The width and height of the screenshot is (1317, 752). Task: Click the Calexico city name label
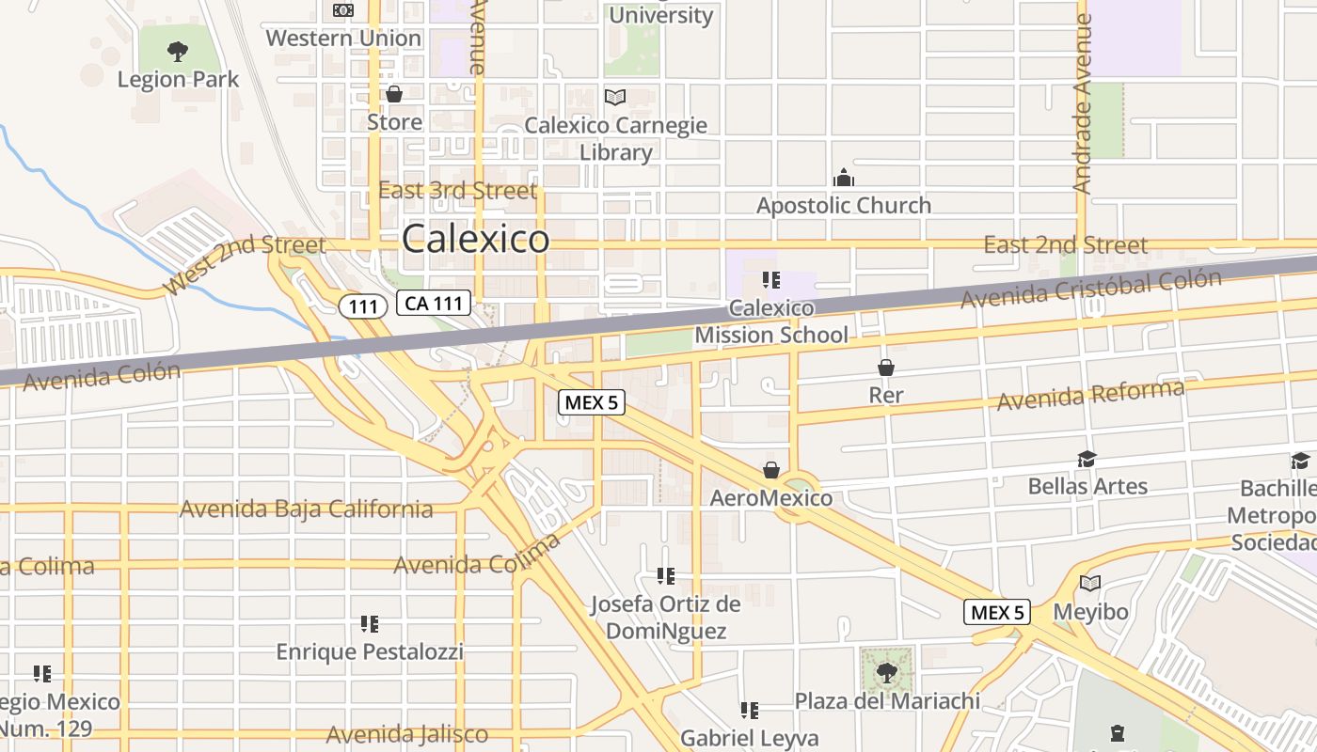pyautogui.click(x=475, y=239)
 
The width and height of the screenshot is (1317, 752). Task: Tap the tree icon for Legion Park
pyautogui.click(x=178, y=52)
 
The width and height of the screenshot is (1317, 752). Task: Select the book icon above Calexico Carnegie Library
pyautogui.click(x=615, y=97)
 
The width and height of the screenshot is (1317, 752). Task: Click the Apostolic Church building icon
pyautogui.click(x=844, y=178)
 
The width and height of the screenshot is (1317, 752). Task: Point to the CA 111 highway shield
pyautogui.click(x=433, y=303)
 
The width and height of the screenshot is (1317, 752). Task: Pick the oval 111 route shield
pyautogui.click(x=363, y=305)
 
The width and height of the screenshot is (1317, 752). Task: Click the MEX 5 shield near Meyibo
pyautogui.click(x=997, y=613)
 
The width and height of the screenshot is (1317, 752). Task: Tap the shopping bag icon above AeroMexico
pyautogui.click(x=771, y=469)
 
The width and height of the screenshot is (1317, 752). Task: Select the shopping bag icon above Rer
pyautogui.click(x=885, y=367)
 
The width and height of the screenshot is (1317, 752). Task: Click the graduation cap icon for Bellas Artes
pyautogui.click(x=1087, y=458)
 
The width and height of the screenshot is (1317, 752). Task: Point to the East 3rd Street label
pyautogui.click(x=457, y=191)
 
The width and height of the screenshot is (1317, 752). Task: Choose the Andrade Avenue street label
pyautogui.click(x=1082, y=103)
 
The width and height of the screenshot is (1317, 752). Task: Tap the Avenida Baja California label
pyautogui.click(x=306, y=509)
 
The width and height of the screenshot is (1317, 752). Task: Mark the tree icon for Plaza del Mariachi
pyautogui.click(x=886, y=672)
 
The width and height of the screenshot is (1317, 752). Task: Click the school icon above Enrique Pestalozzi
pyautogui.click(x=369, y=623)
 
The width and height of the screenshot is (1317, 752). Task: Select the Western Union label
pyautogui.click(x=343, y=39)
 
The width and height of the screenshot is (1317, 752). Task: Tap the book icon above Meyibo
pyautogui.click(x=1089, y=584)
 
